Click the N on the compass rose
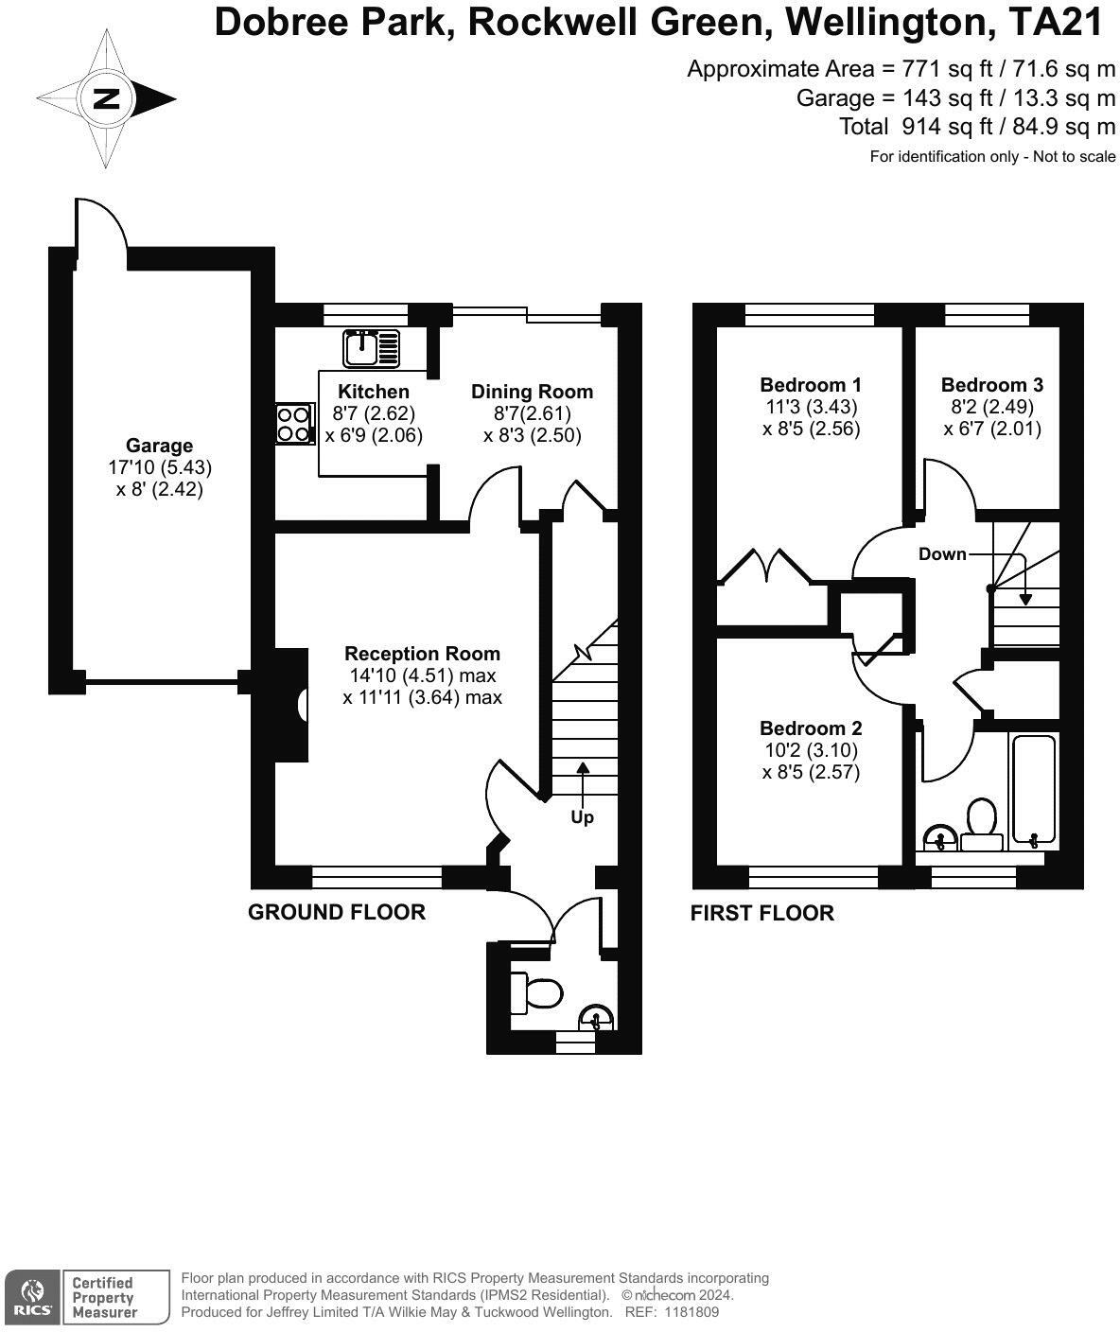tap(107, 99)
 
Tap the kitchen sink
tap(371, 348)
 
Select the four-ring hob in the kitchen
tap(295, 424)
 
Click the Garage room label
tap(160, 446)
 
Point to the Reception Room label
tap(422, 654)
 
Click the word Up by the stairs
tap(582, 817)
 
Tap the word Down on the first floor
tap(942, 553)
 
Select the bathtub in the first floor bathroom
tap(1034, 791)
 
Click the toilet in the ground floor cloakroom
tap(535, 993)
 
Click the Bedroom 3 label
tap(991, 385)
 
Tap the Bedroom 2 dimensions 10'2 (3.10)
tap(812, 750)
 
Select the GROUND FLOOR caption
tap(337, 912)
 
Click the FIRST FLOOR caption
tap(762, 913)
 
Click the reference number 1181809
tap(691, 1312)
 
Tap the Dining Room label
tap(532, 391)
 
